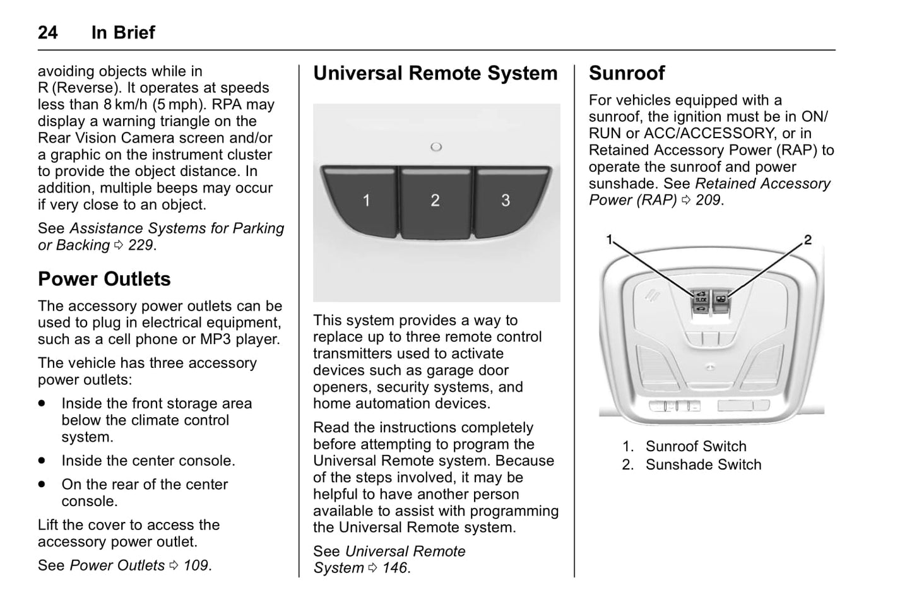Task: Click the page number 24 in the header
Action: tap(48, 33)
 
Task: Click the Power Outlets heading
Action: tap(104, 279)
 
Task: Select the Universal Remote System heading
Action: tap(435, 73)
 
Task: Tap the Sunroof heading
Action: tap(626, 73)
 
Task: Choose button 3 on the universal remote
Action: tap(506, 201)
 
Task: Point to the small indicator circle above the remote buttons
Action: tap(436, 147)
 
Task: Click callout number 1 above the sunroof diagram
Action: tap(610, 239)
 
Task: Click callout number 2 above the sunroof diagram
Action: tap(807, 240)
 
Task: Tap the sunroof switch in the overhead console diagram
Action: tap(701, 300)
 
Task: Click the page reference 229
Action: tap(141, 245)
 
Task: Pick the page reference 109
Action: tap(196, 565)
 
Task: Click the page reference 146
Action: tap(395, 568)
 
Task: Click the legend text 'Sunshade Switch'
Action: tap(703, 465)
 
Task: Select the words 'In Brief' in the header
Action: tap(123, 33)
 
